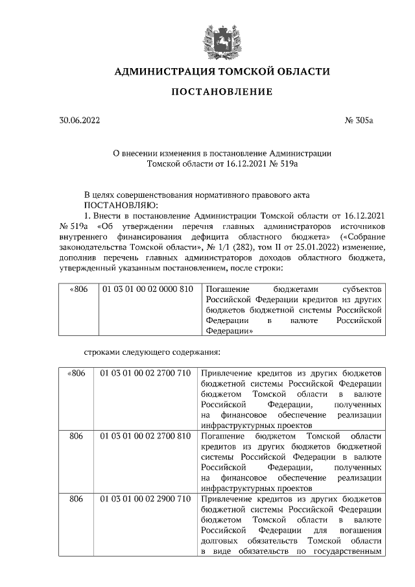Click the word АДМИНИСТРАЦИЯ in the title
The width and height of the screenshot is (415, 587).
(x=160, y=71)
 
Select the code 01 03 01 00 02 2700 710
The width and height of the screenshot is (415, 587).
(x=146, y=374)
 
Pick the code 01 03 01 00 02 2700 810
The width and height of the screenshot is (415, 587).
(x=146, y=437)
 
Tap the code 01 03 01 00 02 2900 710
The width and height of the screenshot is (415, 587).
(x=146, y=499)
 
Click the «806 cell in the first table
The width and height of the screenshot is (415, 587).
(x=77, y=289)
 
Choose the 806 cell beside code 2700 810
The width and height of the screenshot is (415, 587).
(x=77, y=437)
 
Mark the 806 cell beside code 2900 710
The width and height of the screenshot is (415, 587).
(x=77, y=499)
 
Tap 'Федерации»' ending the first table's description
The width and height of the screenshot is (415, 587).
(x=230, y=329)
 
